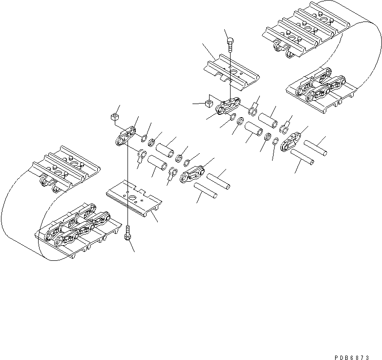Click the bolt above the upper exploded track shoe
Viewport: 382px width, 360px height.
230,46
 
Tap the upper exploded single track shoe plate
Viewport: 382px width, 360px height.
233,73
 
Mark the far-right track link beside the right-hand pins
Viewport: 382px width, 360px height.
293,140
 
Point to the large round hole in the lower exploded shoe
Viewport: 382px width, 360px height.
133,194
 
